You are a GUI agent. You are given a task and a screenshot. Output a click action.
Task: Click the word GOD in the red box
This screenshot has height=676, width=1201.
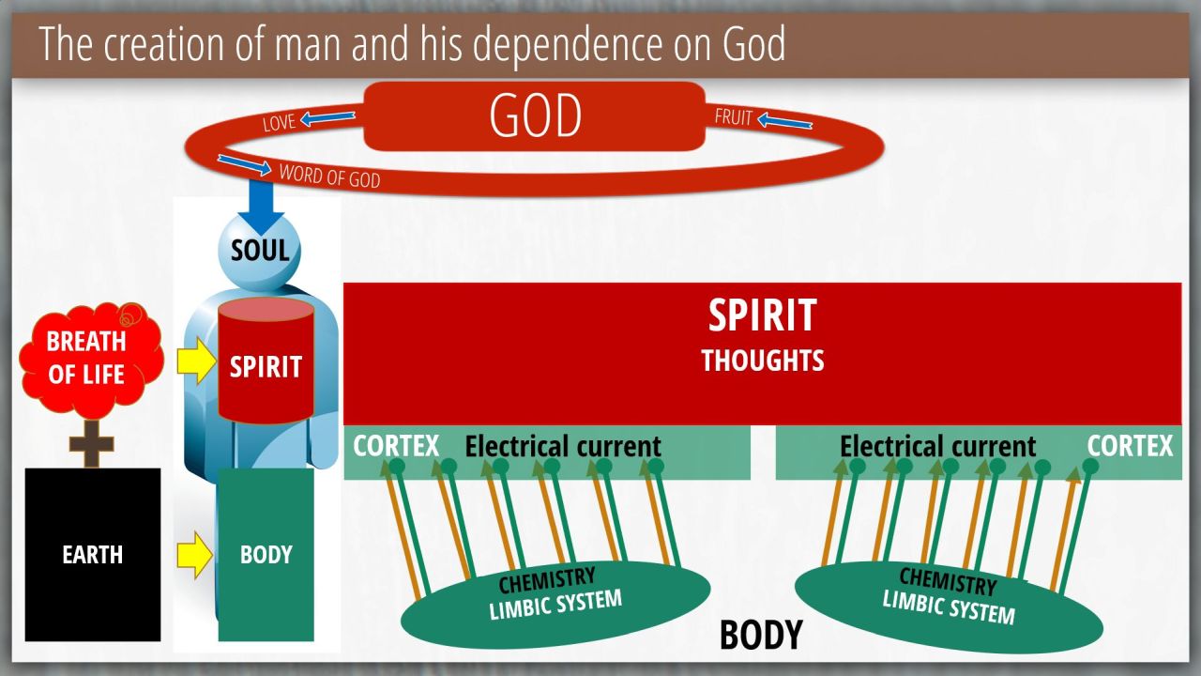coord(535,115)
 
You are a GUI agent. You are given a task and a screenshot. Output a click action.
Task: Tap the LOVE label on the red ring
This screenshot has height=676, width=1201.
coord(279,123)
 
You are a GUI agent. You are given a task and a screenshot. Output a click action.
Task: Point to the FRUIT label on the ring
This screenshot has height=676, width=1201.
coord(734,116)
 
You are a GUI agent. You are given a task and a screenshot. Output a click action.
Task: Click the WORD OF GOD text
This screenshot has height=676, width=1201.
coord(329,176)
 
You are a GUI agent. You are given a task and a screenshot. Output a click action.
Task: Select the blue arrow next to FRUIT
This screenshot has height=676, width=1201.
coord(784,121)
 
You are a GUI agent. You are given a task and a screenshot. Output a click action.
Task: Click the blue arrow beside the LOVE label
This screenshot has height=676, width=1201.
coord(327,117)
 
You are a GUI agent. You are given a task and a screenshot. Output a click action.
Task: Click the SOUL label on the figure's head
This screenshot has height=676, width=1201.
coord(260,250)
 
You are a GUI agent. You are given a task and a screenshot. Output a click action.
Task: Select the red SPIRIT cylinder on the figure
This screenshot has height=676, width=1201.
coord(266,361)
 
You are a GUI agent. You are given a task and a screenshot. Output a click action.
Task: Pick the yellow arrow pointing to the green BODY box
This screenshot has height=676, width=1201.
coord(194,555)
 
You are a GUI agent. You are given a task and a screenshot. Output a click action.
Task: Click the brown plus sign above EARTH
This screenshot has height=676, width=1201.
coord(92,444)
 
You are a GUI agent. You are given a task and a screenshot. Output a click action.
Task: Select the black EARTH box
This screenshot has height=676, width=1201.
coord(93,555)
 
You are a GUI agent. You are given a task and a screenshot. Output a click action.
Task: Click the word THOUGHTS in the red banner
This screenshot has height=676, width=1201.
coord(763,360)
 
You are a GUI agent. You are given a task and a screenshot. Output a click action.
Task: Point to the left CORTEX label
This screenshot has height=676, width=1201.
coord(396,446)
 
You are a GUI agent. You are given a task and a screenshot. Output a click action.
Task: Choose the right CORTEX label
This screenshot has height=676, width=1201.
coord(1131,446)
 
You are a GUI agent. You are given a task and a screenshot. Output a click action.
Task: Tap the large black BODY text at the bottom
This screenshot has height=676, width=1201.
coord(761,635)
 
